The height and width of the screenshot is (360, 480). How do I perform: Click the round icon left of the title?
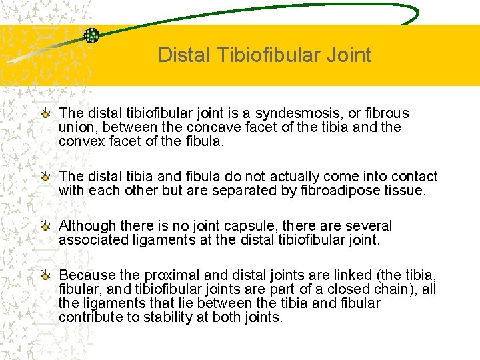[91, 35]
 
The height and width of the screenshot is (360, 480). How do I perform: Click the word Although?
[88, 226]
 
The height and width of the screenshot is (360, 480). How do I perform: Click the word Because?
[87, 275]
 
